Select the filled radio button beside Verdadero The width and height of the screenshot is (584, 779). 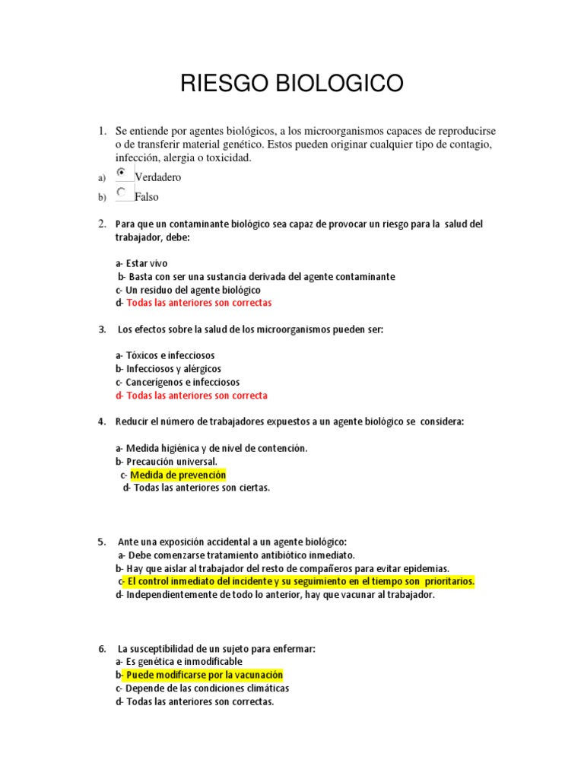click(x=122, y=173)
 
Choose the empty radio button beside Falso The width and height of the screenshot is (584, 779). click(x=122, y=193)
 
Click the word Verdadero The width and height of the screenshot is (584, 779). click(x=158, y=177)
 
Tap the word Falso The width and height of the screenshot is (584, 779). click(x=147, y=197)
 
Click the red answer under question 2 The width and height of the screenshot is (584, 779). click(x=198, y=302)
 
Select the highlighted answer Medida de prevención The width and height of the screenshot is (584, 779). click(x=178, y=475)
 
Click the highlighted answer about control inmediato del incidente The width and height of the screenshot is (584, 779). click(x=300, y=582)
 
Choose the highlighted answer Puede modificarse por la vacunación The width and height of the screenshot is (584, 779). click(x=204, y=675)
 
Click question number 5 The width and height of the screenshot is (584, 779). click(x=101, y=542)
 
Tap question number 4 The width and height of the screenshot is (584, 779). click(x=101, y=421)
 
